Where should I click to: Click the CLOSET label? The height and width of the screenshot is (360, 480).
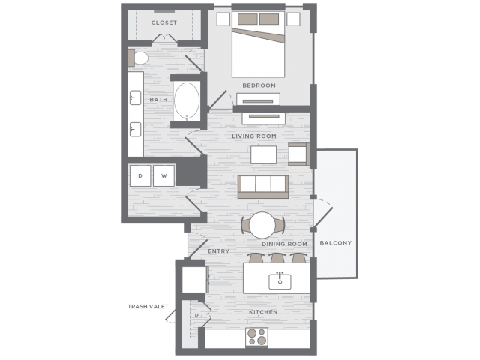coord(164,22)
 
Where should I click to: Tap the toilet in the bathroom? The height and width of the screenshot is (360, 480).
coord(138,58)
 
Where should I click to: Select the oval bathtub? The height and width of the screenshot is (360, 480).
coord(187,100)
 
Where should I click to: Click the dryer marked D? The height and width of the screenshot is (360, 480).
coord(140,175)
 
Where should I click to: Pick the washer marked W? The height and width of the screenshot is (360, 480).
coord(163,175)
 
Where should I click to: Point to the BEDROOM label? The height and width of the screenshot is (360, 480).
coord(259,85)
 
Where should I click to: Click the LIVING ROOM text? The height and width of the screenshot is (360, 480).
coord(254,136)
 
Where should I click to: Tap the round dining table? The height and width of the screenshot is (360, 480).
coord(262,225)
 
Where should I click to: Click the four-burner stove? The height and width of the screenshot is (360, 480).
coord(256,337)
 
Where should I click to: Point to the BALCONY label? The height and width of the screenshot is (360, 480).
coord(335,243)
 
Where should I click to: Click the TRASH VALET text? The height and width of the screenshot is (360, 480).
coord(148,306)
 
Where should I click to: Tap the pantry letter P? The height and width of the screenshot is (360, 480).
coord(196,315)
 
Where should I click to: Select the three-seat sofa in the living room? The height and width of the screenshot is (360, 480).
coord(263,187)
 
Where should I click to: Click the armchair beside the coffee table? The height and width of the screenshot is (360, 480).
coord(299,154)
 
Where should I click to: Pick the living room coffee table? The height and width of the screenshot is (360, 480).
coord(263,155)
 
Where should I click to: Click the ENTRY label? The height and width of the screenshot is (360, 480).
coord(218,251)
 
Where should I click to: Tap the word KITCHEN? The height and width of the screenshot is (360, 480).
coord(263,312)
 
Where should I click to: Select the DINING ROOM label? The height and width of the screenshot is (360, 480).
coord(284,244)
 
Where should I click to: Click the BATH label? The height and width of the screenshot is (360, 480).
coord(158,100)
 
